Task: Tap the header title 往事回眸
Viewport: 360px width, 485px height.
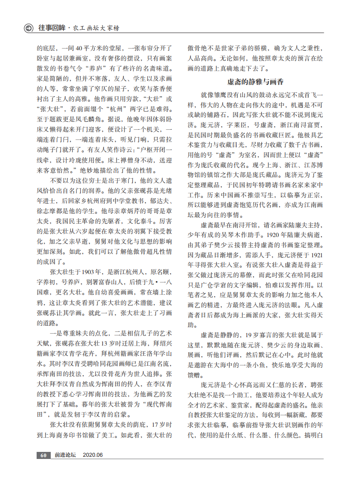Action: [51, 28]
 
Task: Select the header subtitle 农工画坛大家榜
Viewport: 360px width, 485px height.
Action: [96, 28]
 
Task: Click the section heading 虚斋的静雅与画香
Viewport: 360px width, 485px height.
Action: [255, 82]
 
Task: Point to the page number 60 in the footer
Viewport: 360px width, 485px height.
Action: [43, 455]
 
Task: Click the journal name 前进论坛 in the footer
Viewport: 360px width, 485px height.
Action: [65, 455]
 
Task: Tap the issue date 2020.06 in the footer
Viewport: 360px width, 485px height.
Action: [93, 455]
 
